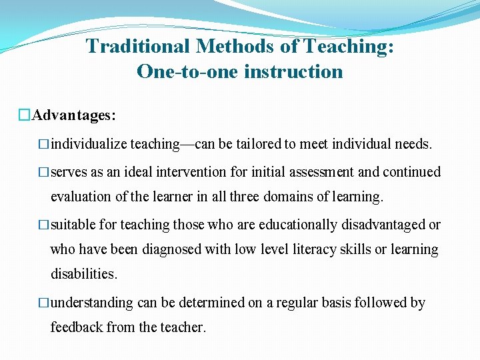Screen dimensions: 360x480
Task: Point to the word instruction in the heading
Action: click(293, 71)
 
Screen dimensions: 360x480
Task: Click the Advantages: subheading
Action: click(74, 115)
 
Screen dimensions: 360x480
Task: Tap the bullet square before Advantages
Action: click(25, 115)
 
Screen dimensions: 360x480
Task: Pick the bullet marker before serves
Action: click(45, 172)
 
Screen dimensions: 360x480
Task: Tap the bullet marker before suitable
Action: click(45, 225)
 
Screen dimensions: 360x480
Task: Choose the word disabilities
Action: click(84, 274)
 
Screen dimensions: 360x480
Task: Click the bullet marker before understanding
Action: click(45, 303)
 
